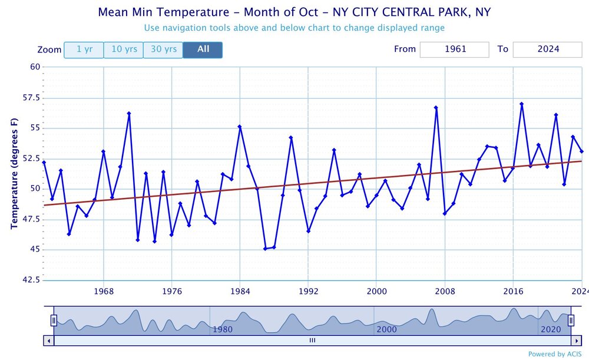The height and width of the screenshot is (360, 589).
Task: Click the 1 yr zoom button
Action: tap(84, 49)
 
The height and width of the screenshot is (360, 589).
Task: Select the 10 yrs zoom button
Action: tap(124, 49)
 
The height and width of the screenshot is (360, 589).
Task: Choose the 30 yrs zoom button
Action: tap(163, 49)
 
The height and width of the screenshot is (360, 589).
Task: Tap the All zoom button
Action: tap(203, 49)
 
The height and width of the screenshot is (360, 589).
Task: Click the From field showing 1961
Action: tap(454, 49)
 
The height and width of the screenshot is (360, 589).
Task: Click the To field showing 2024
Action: tap(547, 49)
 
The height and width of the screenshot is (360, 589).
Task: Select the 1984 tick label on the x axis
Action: tap(240, 291)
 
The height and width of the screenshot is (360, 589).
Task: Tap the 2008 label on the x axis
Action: tap(445, 291)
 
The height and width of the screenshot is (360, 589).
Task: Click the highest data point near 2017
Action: tap(522, 104)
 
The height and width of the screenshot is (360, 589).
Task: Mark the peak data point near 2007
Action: tap(436, 108)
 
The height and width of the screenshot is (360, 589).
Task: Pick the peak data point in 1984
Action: tap(240, 127)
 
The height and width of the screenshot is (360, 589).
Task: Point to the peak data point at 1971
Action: tap(129, 114)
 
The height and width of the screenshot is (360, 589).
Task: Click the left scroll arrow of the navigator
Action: tap(48, 341)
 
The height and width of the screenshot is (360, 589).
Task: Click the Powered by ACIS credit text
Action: tap(554, 354)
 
